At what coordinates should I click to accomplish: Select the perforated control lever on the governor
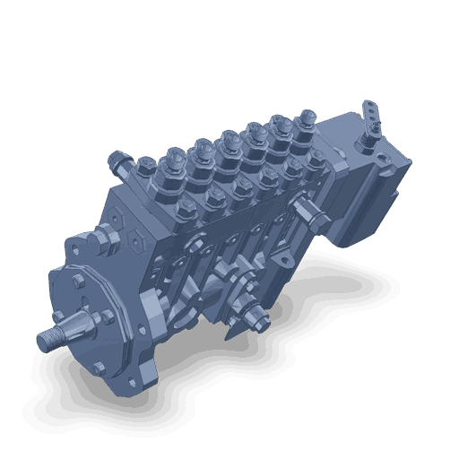click(x=369, y=115)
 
